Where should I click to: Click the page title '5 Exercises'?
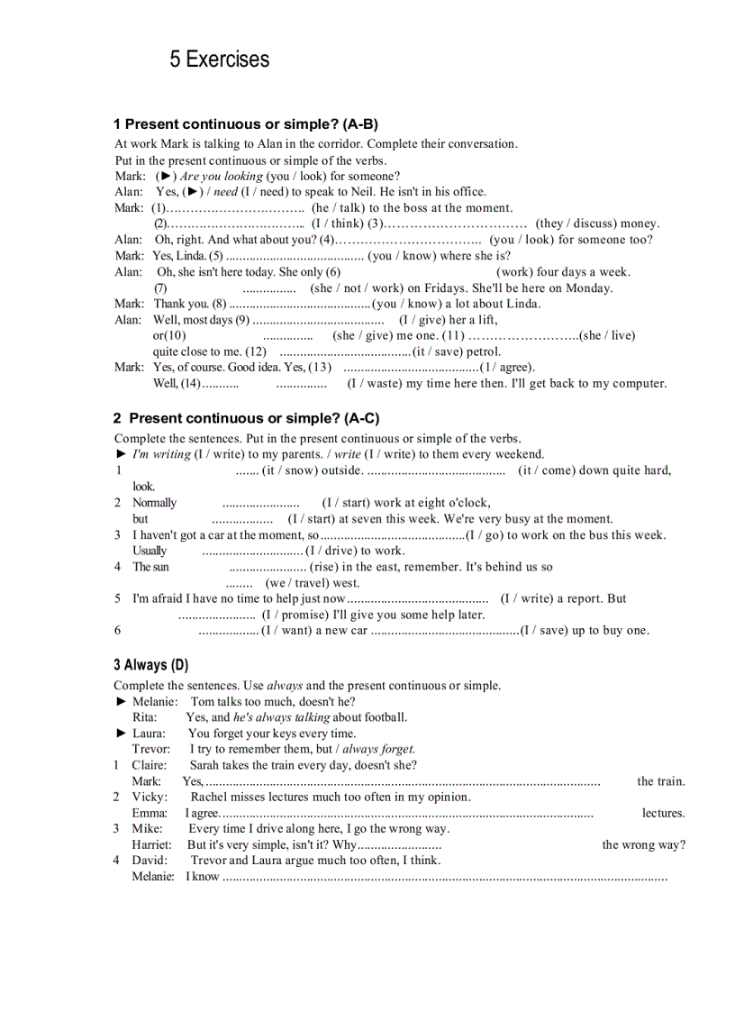point(219,59)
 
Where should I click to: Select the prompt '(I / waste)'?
point(375,383)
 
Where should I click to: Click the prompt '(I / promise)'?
point(295,615)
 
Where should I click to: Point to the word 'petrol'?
point(484,351)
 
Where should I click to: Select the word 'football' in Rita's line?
point(386,717)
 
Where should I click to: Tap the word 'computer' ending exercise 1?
point(638,383)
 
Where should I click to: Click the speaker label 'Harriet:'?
point(152,844)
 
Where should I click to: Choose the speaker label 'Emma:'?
point(150,813)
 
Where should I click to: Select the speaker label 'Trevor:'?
point(150,749)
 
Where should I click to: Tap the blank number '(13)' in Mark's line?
point(320,367)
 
